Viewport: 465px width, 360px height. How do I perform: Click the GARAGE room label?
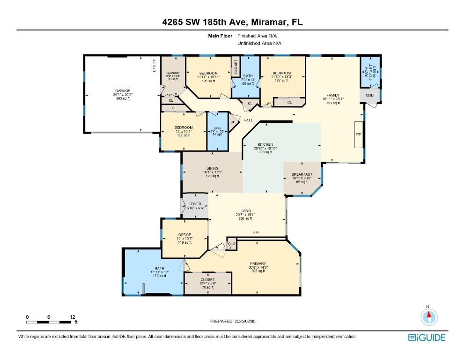123,91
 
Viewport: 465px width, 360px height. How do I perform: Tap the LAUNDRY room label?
173,73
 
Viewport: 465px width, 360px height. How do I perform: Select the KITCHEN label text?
265,144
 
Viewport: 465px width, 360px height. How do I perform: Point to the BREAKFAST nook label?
302,174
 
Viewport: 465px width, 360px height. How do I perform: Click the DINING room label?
212,169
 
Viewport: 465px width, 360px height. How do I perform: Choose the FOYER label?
195,204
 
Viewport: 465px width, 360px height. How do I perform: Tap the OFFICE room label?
185,235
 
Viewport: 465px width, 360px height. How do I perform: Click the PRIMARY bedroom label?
258,263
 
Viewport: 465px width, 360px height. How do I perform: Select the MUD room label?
369,96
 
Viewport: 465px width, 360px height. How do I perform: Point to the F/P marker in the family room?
358,134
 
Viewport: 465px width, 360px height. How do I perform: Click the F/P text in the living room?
256,233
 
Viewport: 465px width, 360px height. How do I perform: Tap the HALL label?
248,120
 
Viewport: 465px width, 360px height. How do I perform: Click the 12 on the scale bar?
72,317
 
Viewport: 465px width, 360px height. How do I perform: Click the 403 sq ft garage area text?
123,98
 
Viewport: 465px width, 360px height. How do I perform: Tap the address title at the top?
232,22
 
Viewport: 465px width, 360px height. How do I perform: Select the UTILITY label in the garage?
154,66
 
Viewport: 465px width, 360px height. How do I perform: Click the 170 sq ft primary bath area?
160,276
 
